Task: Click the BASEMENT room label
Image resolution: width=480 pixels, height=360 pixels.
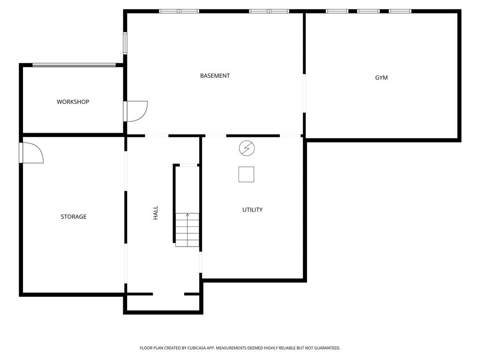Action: coord(215,76)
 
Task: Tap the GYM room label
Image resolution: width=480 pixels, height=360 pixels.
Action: coord(381,78)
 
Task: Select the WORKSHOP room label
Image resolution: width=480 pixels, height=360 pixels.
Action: coord(73,102)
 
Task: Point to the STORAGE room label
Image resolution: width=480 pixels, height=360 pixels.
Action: coord(74,217)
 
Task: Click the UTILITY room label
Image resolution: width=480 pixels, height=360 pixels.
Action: coord(252,210)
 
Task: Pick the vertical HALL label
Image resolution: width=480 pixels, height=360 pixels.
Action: coord(156,213)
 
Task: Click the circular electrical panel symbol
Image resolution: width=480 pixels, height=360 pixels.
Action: coord(247,149)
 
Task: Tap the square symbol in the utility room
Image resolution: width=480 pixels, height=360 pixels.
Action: coord(246,174)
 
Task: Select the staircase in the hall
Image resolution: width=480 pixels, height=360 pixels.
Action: coord(187,230)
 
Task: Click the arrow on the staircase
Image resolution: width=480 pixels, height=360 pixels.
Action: coord(187,216)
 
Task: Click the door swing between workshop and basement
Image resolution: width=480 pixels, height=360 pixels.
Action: coord(136,112)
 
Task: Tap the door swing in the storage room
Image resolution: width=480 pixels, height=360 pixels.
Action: coord(32,153)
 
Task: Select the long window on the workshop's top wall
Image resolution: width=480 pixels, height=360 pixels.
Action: coord(74,65)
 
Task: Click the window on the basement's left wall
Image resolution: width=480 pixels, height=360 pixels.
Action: coord(125,43)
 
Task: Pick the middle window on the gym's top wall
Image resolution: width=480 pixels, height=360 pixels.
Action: coord(368,11)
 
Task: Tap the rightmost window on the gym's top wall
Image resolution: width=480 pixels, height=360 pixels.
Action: coord(400,11)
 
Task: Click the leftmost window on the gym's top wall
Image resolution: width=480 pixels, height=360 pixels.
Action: coord(337,11)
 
